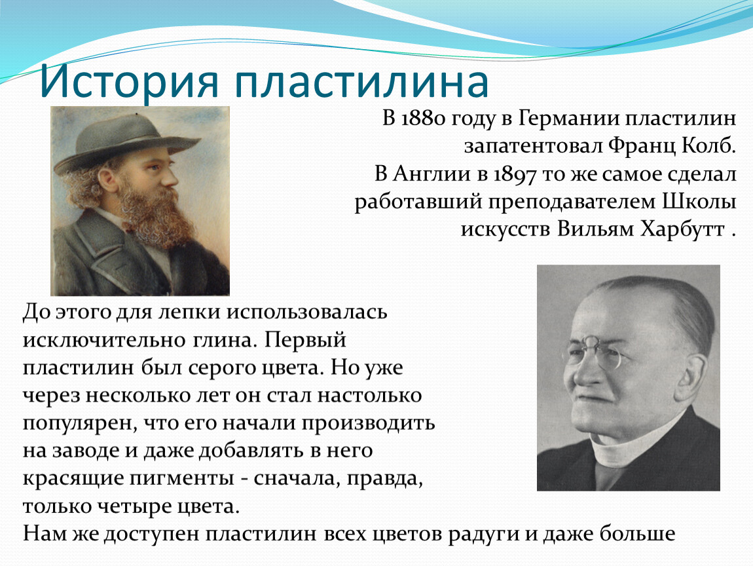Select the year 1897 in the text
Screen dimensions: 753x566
coord(514,174)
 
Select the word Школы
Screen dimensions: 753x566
coord(699,202)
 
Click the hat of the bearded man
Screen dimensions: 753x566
coord(126,140)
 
